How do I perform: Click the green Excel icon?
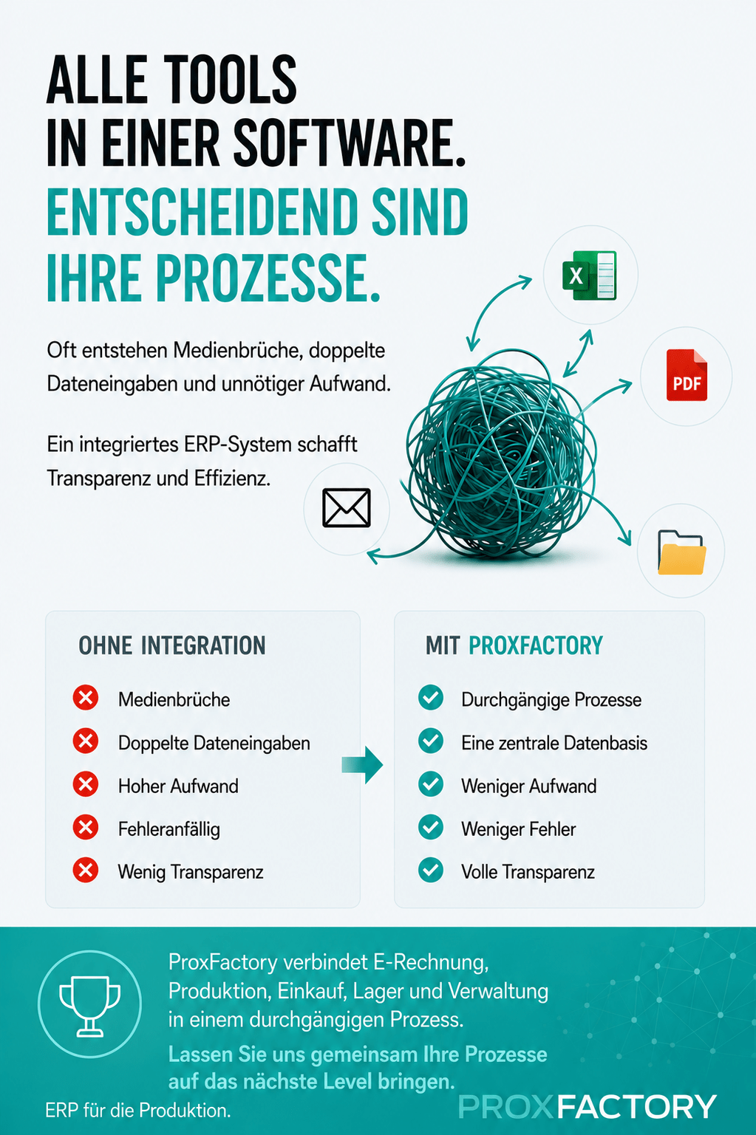[x=589, y=275]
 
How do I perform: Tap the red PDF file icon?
[x=687, y=375]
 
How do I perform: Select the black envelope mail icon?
[x=347, y=508]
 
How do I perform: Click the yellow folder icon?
[x=681, y=552]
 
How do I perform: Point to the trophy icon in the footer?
[x=90, y=1006]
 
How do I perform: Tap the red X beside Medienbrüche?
[x=86, y=698]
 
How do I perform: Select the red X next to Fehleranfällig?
[x=86, y=828]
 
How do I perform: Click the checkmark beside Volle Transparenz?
[x=431, y=870]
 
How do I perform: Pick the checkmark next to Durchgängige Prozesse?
[x=431, y=698]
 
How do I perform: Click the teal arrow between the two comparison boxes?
[x=362, y=764]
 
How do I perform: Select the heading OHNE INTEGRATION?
[x=172, y=646]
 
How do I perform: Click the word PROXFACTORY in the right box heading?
[x=536, y=646]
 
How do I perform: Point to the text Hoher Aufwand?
[x=179, y=786]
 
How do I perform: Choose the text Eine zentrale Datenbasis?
[x=554, y=744]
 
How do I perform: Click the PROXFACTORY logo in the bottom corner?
[x=588, y=1107]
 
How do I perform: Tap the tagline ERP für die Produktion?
[x=138, y=1111]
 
